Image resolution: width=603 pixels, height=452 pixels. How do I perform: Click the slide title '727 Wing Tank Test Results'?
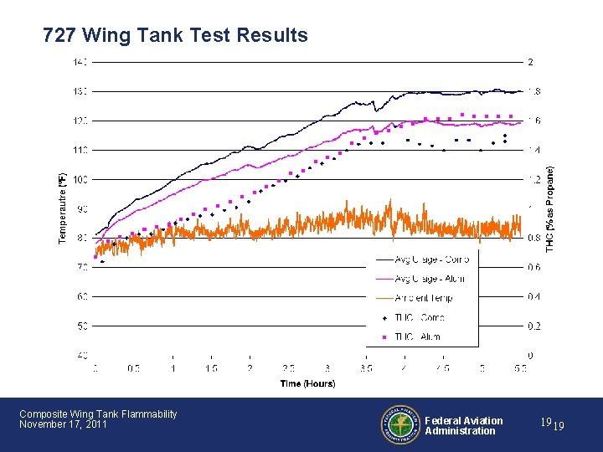(x=175, y=36)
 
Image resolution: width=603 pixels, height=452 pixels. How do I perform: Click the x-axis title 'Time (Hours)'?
(x=307, y=383)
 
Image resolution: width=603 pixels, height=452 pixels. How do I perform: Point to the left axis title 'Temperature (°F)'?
(x=61, y=208)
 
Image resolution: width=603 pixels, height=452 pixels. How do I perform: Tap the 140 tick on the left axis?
(x=80, y=62)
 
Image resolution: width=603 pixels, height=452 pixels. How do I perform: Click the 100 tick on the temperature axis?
(x=80, y=179)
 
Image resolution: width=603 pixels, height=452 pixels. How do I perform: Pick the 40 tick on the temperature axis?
(x=82, y=355)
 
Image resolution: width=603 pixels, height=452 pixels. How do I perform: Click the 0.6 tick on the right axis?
(x=533, y=267)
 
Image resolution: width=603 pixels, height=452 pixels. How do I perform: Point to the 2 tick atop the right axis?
(x=528, y=62)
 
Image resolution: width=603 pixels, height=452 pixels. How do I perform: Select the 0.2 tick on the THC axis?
(x=533, y=326)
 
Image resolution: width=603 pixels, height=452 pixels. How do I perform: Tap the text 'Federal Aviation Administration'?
(x=463, y=426)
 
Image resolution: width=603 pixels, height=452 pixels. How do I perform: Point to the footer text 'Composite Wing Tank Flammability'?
(x=98, y=413)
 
